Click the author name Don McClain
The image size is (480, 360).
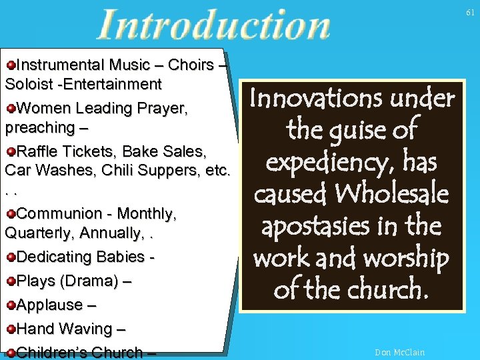pyautogui.click(x=399, y=352)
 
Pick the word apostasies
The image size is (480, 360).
pyautogui.click(x=317, y=227)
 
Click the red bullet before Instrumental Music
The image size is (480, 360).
pyautogui.click(x=10, y=65)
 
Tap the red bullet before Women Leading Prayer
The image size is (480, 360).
pyautogui.click(x=10, y=109)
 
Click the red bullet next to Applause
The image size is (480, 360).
pyautogui.click(x=10, y=305)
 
